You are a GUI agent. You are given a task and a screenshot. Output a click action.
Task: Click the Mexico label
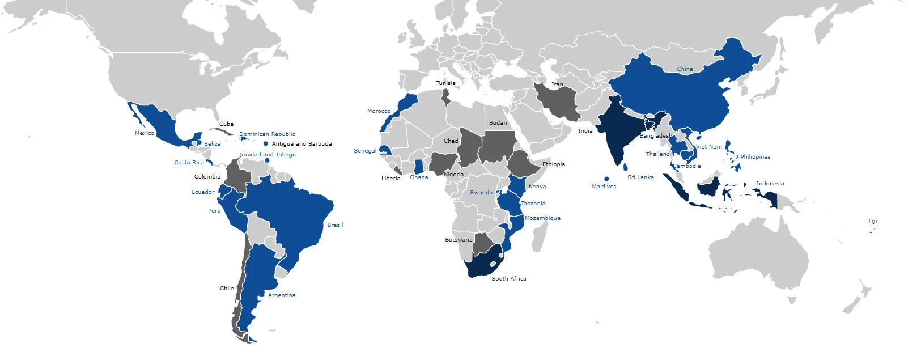click(144, 133)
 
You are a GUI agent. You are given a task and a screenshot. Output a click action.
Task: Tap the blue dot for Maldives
click(606, 179)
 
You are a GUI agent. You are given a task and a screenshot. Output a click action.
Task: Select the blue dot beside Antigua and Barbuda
click(265, 144)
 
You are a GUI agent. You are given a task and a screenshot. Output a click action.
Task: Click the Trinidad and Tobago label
click(267, 155)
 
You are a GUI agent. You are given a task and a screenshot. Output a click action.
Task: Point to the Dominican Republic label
click(267, 134)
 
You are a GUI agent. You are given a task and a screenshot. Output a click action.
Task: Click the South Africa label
click(508, 279)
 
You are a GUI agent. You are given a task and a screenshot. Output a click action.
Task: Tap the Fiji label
click(872, 221)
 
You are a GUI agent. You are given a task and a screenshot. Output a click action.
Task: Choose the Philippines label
click(755, 157)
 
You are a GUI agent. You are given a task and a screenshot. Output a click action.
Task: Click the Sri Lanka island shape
click(625, 167)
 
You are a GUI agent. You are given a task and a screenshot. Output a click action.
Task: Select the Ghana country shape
click(419, 167)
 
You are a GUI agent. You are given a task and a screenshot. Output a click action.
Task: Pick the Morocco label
click(379, 111)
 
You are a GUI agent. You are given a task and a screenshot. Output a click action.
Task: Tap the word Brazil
click(335, 225)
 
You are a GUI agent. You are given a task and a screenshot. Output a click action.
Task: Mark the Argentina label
click(281, 295)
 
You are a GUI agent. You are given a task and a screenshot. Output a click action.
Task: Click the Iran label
click(557, 84)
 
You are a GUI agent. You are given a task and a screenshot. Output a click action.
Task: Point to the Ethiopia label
click(553, 164)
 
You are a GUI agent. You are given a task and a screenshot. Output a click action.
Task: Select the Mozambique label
click(542, 218)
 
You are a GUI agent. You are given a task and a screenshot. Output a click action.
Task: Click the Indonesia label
click(770, 184)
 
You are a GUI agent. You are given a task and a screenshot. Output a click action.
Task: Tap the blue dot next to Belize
click(199, 143)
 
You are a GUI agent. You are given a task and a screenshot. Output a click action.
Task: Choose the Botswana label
click(459, 240)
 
